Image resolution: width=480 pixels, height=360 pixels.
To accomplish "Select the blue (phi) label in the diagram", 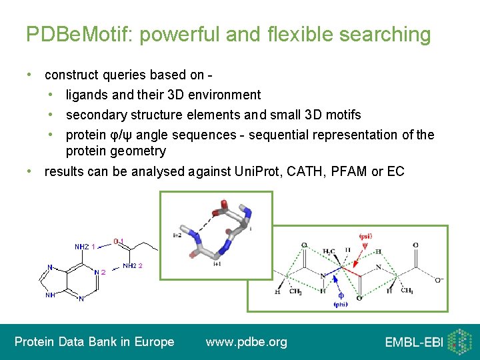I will click(341, 304).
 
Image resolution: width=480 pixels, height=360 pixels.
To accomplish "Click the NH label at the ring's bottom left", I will click(50, 295).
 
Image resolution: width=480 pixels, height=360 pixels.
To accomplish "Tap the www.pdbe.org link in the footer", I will click(247, 342).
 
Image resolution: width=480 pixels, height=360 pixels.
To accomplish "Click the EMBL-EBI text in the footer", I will click(413, 343).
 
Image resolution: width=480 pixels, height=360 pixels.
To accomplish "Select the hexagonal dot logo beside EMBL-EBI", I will click(459, 341).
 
